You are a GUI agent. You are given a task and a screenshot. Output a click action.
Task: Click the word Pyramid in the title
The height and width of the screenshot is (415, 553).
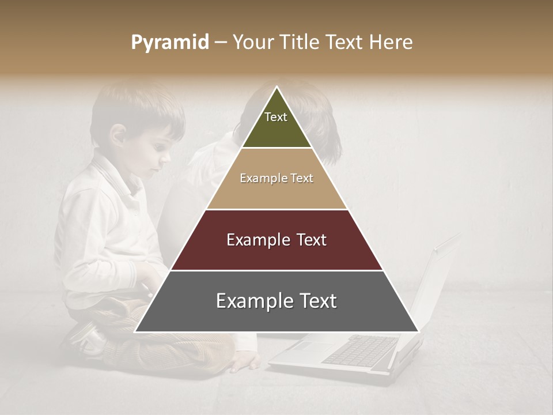[169, 43]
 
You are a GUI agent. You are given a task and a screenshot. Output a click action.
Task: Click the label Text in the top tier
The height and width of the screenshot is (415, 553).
[276, 117]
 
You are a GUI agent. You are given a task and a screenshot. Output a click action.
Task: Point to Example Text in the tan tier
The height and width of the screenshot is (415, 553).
[276, 178]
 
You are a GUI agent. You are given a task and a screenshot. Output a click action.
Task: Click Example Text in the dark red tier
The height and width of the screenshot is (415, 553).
[276, 240]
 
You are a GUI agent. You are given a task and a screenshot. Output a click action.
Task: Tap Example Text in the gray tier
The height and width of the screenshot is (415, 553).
[276, 301]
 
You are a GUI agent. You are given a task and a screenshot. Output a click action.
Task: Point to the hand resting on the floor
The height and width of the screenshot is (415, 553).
[245, 361]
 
